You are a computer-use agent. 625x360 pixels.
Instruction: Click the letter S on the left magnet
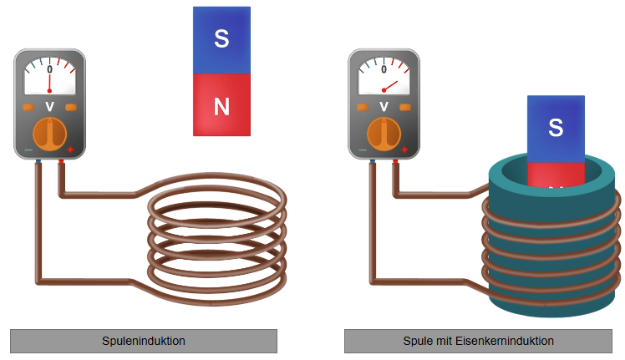(x=221, y=38)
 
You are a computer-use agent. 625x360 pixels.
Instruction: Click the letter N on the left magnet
(x=221, y=106)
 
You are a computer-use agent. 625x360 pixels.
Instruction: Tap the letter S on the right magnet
(x=556, y=128)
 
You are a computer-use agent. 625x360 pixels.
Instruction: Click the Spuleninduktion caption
(x=144, y=341)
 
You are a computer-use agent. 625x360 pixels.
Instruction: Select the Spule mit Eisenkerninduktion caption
(x=478, y=341)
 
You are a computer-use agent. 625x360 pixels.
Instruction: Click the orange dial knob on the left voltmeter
(x=50, y=134)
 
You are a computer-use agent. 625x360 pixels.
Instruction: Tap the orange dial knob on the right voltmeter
(x=384, y=134)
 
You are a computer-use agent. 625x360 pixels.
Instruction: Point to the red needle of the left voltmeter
(x=50, y=83)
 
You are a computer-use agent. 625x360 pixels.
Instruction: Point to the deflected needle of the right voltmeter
(x=390, y=86)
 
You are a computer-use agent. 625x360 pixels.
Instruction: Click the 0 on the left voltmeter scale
(x=50, y=69)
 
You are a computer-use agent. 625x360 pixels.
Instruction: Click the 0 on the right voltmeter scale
(x=384, y=69)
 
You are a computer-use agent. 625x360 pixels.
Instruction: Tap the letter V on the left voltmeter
(x=50, y=106)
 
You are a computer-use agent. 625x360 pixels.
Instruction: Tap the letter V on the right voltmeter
(x=384, y=106)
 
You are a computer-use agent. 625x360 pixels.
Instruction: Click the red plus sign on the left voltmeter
(x=70, y=150)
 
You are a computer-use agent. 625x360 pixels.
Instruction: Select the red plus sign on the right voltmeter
(x=404, y=150)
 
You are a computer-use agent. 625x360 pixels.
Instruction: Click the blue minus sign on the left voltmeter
(x=28, y=150)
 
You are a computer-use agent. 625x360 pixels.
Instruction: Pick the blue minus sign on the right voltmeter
(x=363, y=150)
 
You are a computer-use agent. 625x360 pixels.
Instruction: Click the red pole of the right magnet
(x=556, y=175)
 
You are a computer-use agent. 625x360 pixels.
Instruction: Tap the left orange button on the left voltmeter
(x=28, y=107)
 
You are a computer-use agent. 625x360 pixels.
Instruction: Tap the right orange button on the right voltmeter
(x=405, y=107)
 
